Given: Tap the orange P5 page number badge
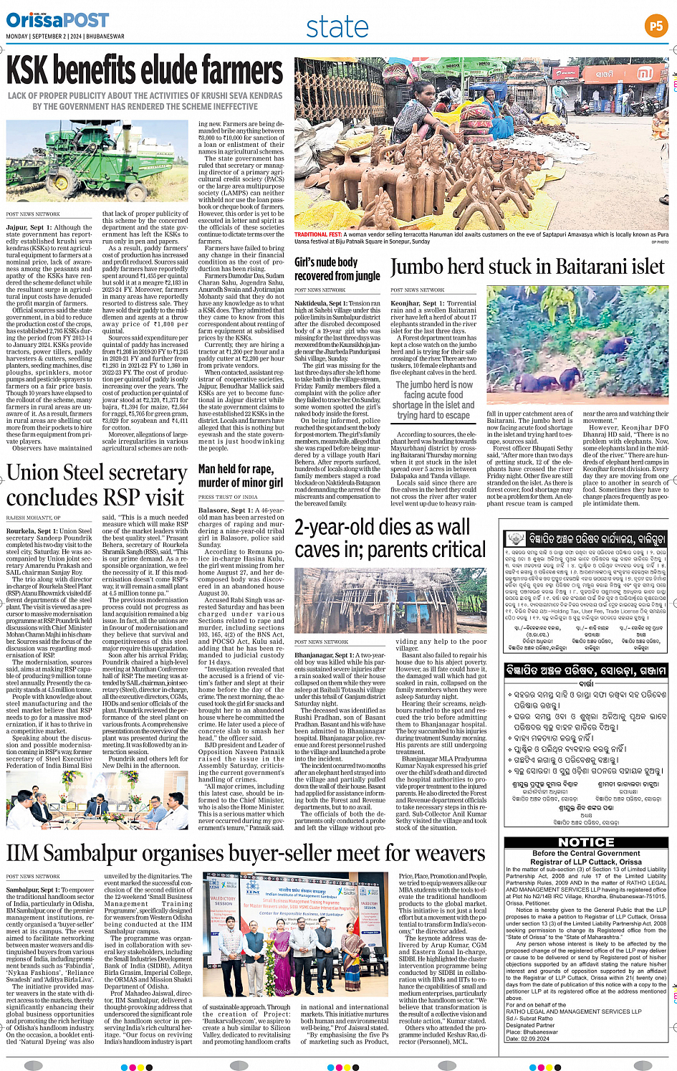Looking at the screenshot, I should tap(656, 27).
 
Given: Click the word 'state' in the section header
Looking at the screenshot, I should tap(337, 27).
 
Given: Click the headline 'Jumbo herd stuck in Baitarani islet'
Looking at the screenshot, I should tap(527, 267).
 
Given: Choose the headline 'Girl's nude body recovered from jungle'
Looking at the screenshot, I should tap(337, 269).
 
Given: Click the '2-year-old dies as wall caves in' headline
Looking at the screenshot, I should tap(383, 538).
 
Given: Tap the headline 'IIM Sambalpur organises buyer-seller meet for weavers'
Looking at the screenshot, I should tap(246, 853).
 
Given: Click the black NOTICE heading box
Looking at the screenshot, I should tap(586, 842).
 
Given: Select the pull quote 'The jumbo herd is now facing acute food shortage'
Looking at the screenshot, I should tap(433, 400).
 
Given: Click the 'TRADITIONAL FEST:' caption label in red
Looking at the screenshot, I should tap(317, 234).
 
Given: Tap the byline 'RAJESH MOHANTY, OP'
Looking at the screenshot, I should tap(34, 517).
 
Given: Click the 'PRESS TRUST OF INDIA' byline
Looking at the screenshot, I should tap(228, 497).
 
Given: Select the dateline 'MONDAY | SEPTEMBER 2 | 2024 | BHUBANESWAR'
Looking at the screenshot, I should tap(65, 37).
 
